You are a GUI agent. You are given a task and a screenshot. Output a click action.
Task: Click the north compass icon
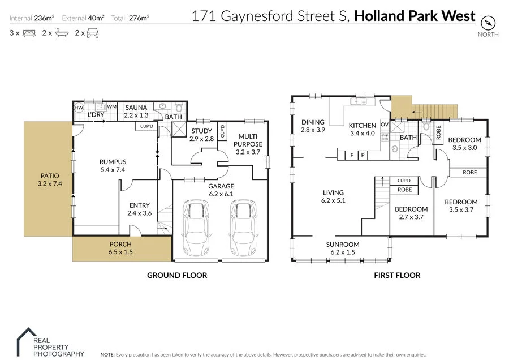click(x=488, y=23)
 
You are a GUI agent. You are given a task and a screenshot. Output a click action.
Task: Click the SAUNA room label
click(x=136, y=108)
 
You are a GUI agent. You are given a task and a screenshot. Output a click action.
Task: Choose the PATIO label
click(x=48, y=175)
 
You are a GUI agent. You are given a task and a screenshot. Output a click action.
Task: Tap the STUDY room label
click(x=201, y=131)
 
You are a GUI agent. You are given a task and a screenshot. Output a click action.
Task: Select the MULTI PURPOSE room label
click(x=248, y=140)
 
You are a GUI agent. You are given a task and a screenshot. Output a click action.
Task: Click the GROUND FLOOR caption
click(x=177, y=276)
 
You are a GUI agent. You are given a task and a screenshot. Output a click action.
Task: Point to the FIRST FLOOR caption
click(x=396, y=276)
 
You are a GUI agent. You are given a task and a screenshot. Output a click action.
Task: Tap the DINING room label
click(x=313, y=122)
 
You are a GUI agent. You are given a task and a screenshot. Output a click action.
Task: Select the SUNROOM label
click(x=343, y=245)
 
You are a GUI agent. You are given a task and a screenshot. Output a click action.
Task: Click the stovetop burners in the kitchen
click(x=385, y=137)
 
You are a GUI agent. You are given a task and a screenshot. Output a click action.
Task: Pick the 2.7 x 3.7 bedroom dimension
click(x=411, y=217)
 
